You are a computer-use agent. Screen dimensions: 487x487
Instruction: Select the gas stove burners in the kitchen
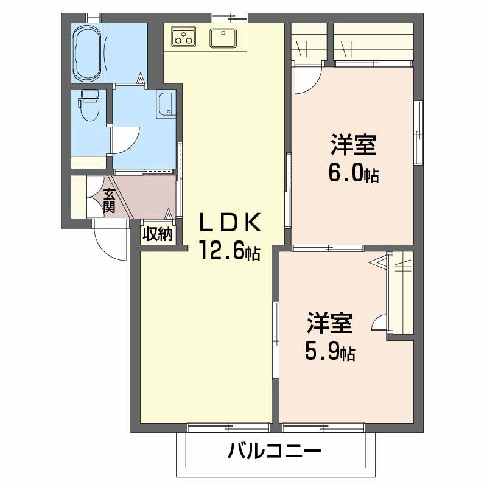(183, 37)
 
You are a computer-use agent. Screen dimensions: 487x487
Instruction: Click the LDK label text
(231, 225)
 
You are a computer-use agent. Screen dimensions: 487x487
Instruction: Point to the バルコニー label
(275, 452)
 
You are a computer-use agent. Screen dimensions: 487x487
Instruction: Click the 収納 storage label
(158, 234)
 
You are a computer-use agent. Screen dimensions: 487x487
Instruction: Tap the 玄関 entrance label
(110, 201)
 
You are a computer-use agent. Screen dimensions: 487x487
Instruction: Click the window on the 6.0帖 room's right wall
(419, 131)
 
